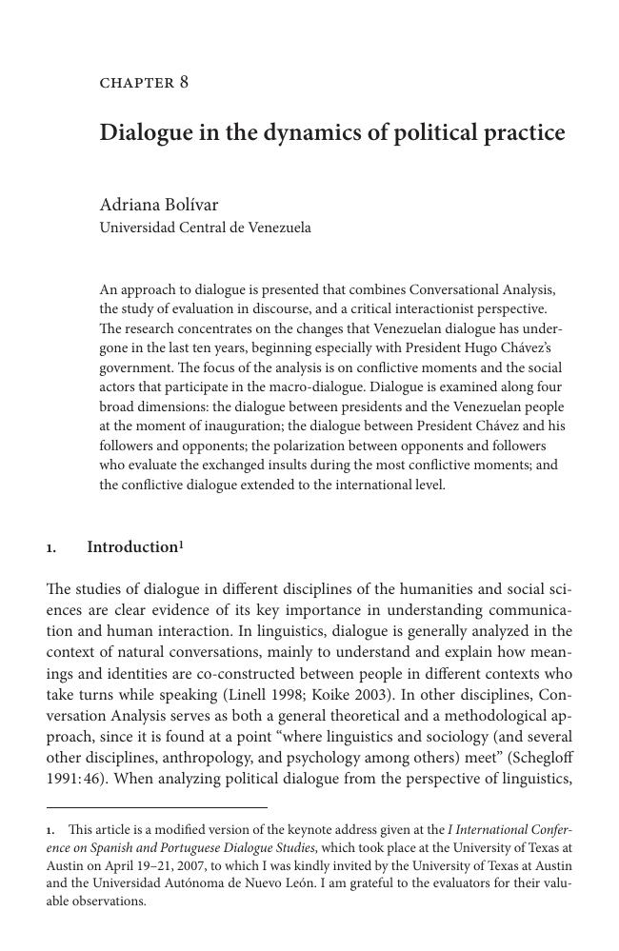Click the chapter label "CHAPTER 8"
tap(144, 83)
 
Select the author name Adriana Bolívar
tap(159, 205)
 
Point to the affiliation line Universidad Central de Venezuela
tap(205, 228)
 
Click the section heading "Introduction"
tap(131, 547)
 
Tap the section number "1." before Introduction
tap(51, 548)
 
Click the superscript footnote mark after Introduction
tap(181, 544)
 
